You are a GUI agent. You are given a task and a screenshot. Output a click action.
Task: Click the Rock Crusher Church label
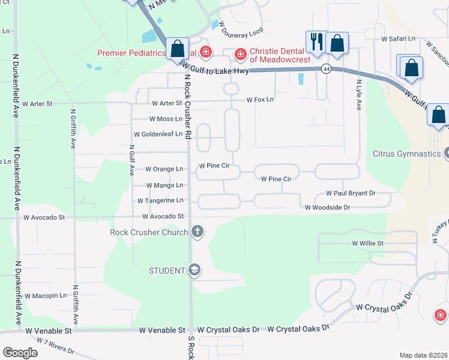click(x=148, y=232)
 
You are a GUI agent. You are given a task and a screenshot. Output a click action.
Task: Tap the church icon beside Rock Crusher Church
click(x=197, y=232)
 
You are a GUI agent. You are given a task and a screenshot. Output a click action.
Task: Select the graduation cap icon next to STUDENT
click(x=194, y=271)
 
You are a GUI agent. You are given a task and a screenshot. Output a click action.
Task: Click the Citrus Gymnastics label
click(x=406, y=154)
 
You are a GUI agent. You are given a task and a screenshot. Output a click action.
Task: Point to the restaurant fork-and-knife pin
click(x=316, y=42)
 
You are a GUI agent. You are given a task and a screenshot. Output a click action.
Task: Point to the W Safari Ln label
click(x=399, y=38)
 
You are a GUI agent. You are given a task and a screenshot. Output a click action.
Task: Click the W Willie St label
click(x=367, y=244)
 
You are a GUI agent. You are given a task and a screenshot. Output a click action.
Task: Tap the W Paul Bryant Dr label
click(x=351, y=193)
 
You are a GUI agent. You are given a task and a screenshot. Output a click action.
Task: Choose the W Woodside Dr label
click(x=327, y=208)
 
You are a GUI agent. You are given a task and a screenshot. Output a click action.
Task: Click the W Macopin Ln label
click(x=46, y=296)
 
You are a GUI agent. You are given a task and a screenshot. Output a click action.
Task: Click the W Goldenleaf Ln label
click(x=158, y=134)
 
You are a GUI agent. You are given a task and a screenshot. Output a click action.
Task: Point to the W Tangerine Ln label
click(x=160, y=200)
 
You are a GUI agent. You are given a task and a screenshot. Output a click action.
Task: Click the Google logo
click(x=20, y=352)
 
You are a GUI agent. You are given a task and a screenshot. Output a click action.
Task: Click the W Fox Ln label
click(x=259, y=99)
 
